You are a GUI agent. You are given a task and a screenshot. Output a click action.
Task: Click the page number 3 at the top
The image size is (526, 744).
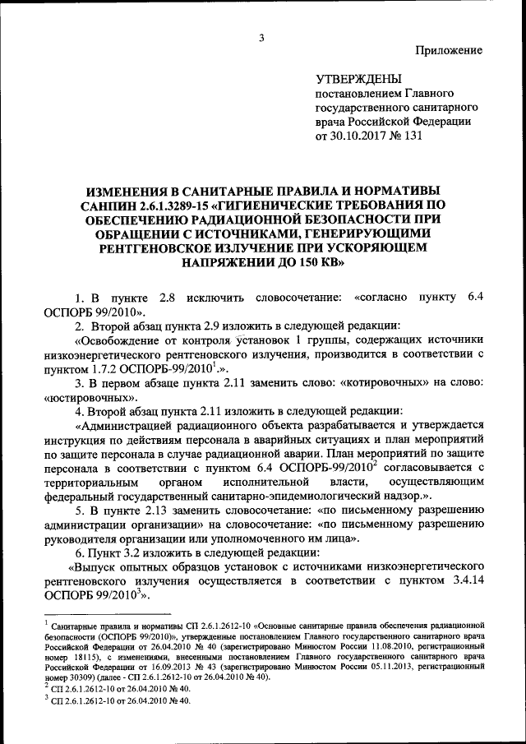click(x=261, y=38)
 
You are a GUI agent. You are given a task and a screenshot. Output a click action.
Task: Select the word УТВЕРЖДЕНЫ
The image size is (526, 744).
click(x=359, y=79)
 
